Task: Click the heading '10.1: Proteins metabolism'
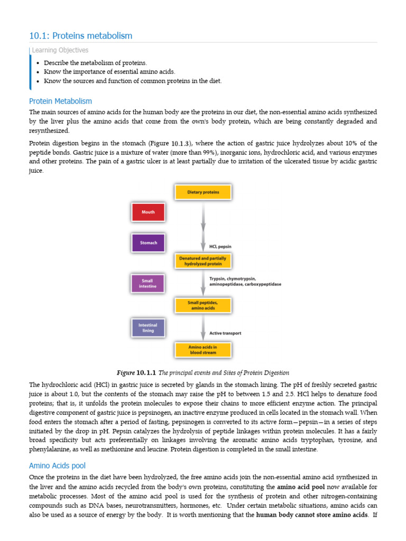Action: click(81, 36)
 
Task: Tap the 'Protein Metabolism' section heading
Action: click(60, 101)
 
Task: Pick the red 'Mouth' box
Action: click(148, 212)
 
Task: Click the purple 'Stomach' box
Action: click(148, 243)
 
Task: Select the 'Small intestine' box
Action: click(148, 283)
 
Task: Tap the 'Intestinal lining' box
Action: click(148, 328)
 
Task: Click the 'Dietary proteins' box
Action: click(203, 192)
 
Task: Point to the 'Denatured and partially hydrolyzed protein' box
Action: click(203, 260)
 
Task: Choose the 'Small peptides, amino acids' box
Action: click(203, 305)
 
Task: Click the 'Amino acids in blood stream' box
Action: click(203, 349)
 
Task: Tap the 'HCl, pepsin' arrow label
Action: click(220, 246)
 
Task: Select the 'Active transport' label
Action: click(226, 333)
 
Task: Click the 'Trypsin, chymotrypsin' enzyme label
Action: click(233, 278)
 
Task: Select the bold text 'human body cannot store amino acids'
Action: click(312, 515)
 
